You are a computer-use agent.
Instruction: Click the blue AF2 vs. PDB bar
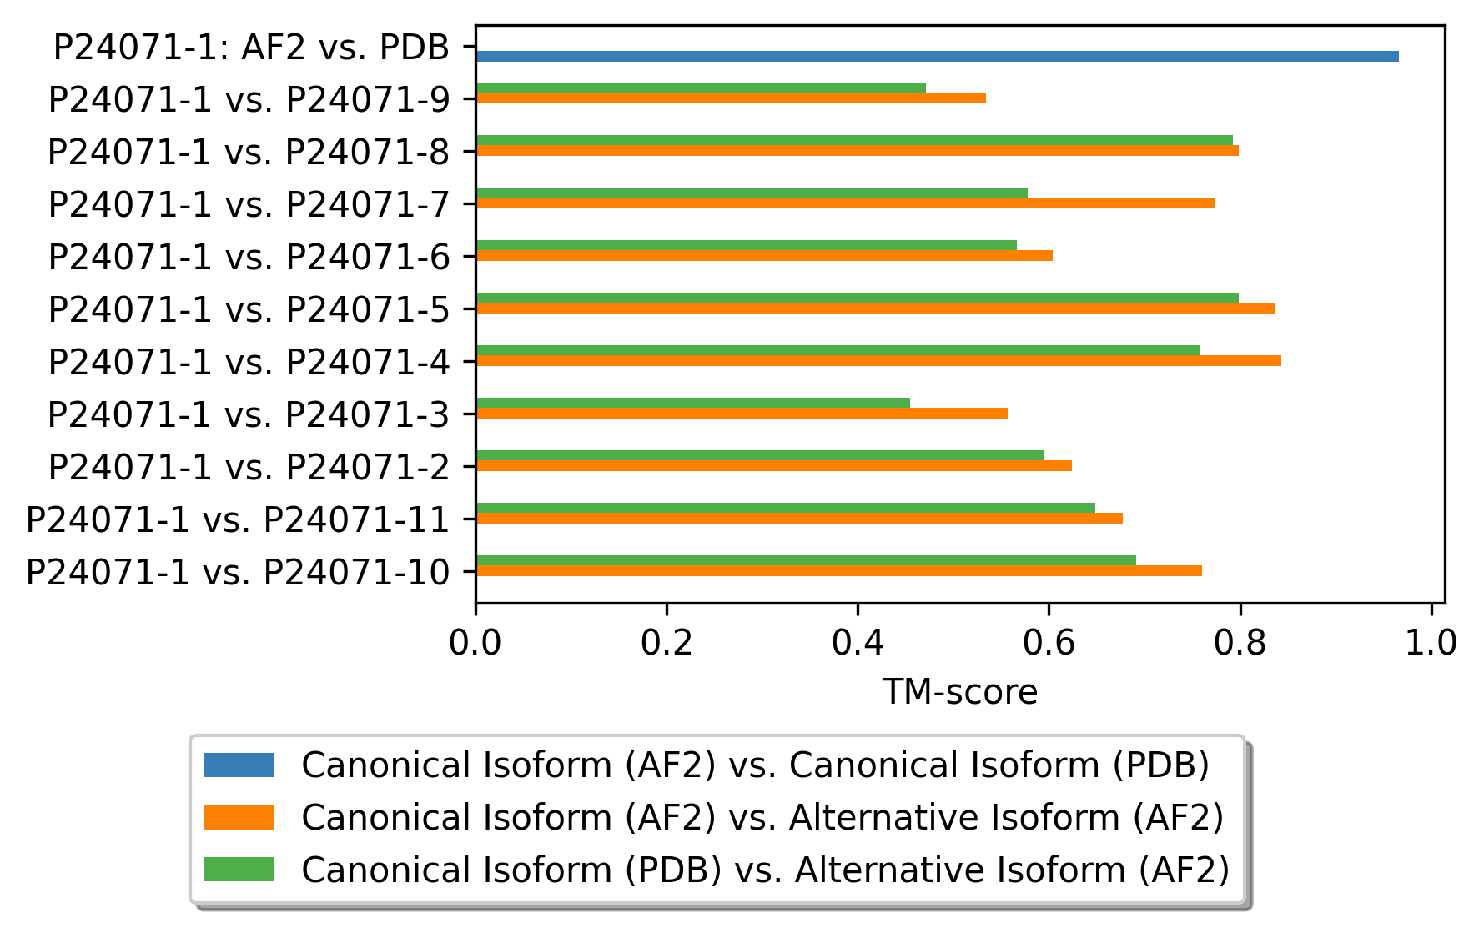(936, 56)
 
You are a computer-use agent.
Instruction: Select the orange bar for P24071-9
(730, 98)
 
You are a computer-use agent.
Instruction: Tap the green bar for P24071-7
(751, 193)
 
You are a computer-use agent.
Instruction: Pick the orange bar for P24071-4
(878, 361)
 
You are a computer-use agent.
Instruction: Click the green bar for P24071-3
(692, 403)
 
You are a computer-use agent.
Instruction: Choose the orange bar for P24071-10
(838, 571)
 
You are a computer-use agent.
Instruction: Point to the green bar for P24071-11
(785, 508)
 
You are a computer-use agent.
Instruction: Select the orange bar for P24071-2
(773, 466)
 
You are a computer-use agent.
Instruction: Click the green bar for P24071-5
(857, 298)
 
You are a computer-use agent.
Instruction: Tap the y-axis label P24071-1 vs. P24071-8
(249, 153)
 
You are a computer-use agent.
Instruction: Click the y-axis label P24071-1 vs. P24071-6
(249, 258)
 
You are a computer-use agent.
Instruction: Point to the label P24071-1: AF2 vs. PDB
(251, 48)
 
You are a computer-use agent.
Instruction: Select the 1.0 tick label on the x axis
(1431, 643)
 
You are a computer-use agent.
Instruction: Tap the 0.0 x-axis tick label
(475, 643)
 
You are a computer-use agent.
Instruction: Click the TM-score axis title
(959, 692)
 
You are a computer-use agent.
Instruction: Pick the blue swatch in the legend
(239, 765)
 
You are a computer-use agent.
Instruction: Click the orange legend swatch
(239, 817)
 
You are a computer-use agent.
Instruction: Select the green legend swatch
(239, 870)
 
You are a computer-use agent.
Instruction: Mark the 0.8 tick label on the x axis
(1240, 643)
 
